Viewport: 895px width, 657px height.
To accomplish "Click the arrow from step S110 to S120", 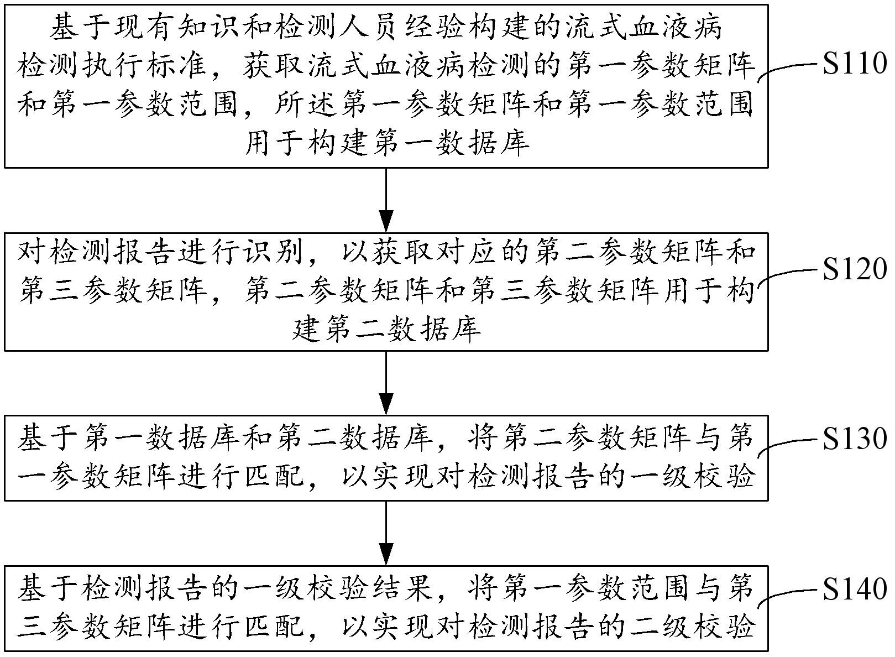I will (386, 200).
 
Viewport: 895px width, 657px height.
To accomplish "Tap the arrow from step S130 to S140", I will (386, 533).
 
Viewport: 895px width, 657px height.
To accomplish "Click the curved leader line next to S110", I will (788, 70).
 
